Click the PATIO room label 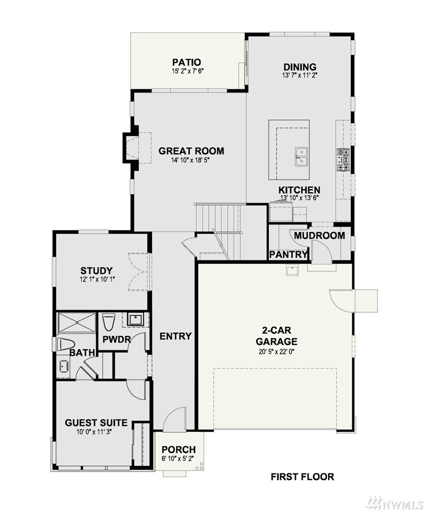[x=187, y=62]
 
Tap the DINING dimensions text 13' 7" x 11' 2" [x=300, y=75]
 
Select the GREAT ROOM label [x=191, y=151]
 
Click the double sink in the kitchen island [x=301, y=157]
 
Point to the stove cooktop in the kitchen [x=343, y=160]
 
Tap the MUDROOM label [x=319, y=236]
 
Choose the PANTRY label [x=289, y=255]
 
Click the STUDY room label [x=96, y=271]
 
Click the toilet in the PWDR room [x=109, y=322]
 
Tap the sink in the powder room [x=134, y=319]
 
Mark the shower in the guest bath [x=77, y=322]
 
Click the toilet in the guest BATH [x=66, y=345]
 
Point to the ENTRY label [x=175, y=337]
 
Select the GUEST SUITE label [x=96, y=423]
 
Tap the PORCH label [x=179, y=450]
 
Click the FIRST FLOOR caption [x=302, y=477]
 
